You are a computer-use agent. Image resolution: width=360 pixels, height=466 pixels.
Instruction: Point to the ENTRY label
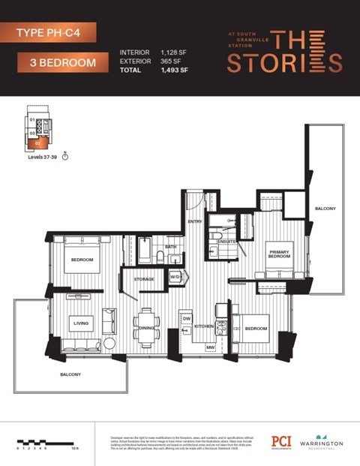(195, 221)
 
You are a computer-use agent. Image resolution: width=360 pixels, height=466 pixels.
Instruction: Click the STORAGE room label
(144, 279)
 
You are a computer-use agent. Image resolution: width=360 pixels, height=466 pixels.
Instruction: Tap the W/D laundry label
(175, 277)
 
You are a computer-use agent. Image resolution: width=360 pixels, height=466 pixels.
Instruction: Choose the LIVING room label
(81, 323)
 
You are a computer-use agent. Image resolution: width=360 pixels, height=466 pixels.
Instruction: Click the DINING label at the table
(146, 328)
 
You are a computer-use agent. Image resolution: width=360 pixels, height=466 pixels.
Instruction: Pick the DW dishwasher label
(187, 318)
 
